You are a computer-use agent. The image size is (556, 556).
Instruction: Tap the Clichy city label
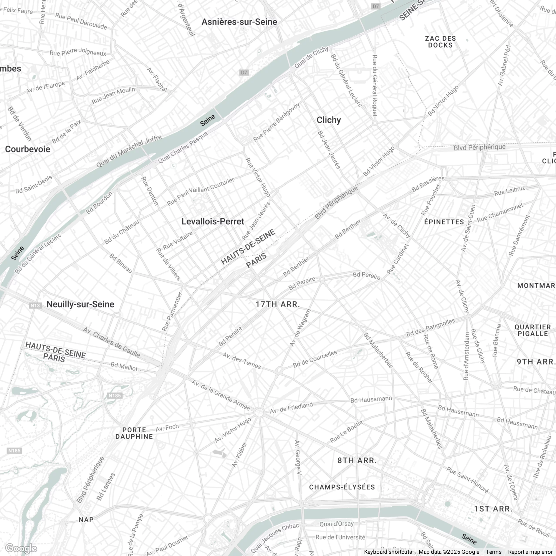[x=329, y=120]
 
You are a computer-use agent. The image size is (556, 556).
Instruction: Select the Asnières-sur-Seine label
[x=239, y=22]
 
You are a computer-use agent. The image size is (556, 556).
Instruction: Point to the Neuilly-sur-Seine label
[x=80, y=304]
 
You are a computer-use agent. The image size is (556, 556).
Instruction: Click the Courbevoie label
[x=28, y=149]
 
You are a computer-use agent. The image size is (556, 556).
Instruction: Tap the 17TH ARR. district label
[x=278, y=304]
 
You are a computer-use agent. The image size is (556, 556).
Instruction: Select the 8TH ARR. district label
[x=357, y=460]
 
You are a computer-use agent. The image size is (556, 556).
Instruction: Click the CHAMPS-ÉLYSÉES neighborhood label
[x=342, y=487]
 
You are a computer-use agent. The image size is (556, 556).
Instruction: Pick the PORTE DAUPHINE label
[x=134, y=433]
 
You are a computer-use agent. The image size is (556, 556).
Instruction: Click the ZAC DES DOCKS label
[x=440, y=42]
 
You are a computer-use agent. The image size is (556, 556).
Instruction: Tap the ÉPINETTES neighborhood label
[x=444, y=222]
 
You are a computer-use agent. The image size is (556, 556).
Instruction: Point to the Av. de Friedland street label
[x=291, y=408]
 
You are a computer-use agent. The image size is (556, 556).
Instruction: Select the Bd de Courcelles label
[x=315, y=359]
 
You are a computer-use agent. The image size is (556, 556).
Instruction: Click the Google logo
[x=21, y=549]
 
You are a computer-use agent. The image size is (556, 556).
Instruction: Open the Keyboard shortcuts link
[x=388, y=552]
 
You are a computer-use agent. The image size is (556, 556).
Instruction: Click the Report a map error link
[x=530, y=552]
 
